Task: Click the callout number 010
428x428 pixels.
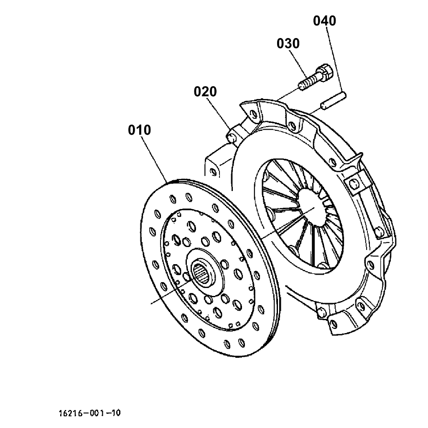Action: click(x=139, y=130)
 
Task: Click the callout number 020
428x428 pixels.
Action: click(x=205, y=92)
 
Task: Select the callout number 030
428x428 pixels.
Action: click(x=288, y=43)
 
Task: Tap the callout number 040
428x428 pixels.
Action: click(x=325, y=21)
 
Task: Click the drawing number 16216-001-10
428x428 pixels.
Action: click(x=89, y=413)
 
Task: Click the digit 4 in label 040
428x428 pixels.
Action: click(x=325, y=21)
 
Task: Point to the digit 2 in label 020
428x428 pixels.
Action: click(x=205, y=92)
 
